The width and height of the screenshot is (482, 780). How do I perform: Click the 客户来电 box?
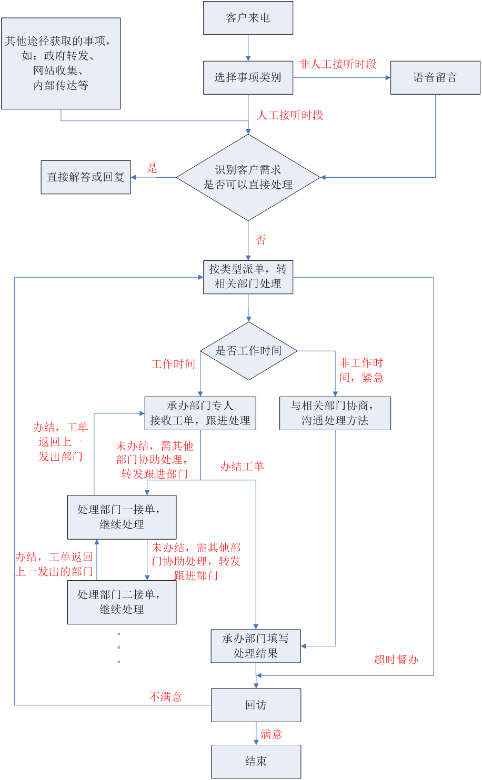click(x=248, y=18)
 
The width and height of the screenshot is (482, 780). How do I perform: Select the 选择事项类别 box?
click(x=248, y=78)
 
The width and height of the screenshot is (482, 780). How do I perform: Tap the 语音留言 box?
click(x=435, y=78)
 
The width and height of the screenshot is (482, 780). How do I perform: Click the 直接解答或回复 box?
click(x=86, y=177)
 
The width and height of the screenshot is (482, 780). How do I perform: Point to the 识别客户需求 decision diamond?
click(x=248, y=177)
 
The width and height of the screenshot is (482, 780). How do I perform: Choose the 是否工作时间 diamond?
click(x=249, y=351)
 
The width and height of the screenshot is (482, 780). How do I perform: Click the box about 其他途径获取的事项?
click(x=61, y=64)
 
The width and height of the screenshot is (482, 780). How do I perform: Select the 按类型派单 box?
click(x=248, y=277)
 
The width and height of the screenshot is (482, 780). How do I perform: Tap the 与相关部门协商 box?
click(x=335, y=413)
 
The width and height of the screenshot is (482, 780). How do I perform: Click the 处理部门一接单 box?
click(x=122, y=517)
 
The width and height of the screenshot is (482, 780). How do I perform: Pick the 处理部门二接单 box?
click(x=122, y=602)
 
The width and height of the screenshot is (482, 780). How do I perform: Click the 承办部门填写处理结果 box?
click(x=256, y=646)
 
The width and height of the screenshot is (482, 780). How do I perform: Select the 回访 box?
click(x=256, y=705)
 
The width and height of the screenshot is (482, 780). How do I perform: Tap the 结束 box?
click(x=256, y=762)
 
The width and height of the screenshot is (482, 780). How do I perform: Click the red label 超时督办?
click(x=396, y=660)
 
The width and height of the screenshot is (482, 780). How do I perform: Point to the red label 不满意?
click(x=165, y=697)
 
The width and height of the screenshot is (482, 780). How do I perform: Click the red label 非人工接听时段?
click(x=338, y=64)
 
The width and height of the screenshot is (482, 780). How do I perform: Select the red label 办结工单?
click(x=242, y=467)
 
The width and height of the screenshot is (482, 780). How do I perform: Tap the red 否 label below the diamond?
click(x=261, y=240)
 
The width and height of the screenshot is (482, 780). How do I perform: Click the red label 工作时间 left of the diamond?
click(x=173, y=364)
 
